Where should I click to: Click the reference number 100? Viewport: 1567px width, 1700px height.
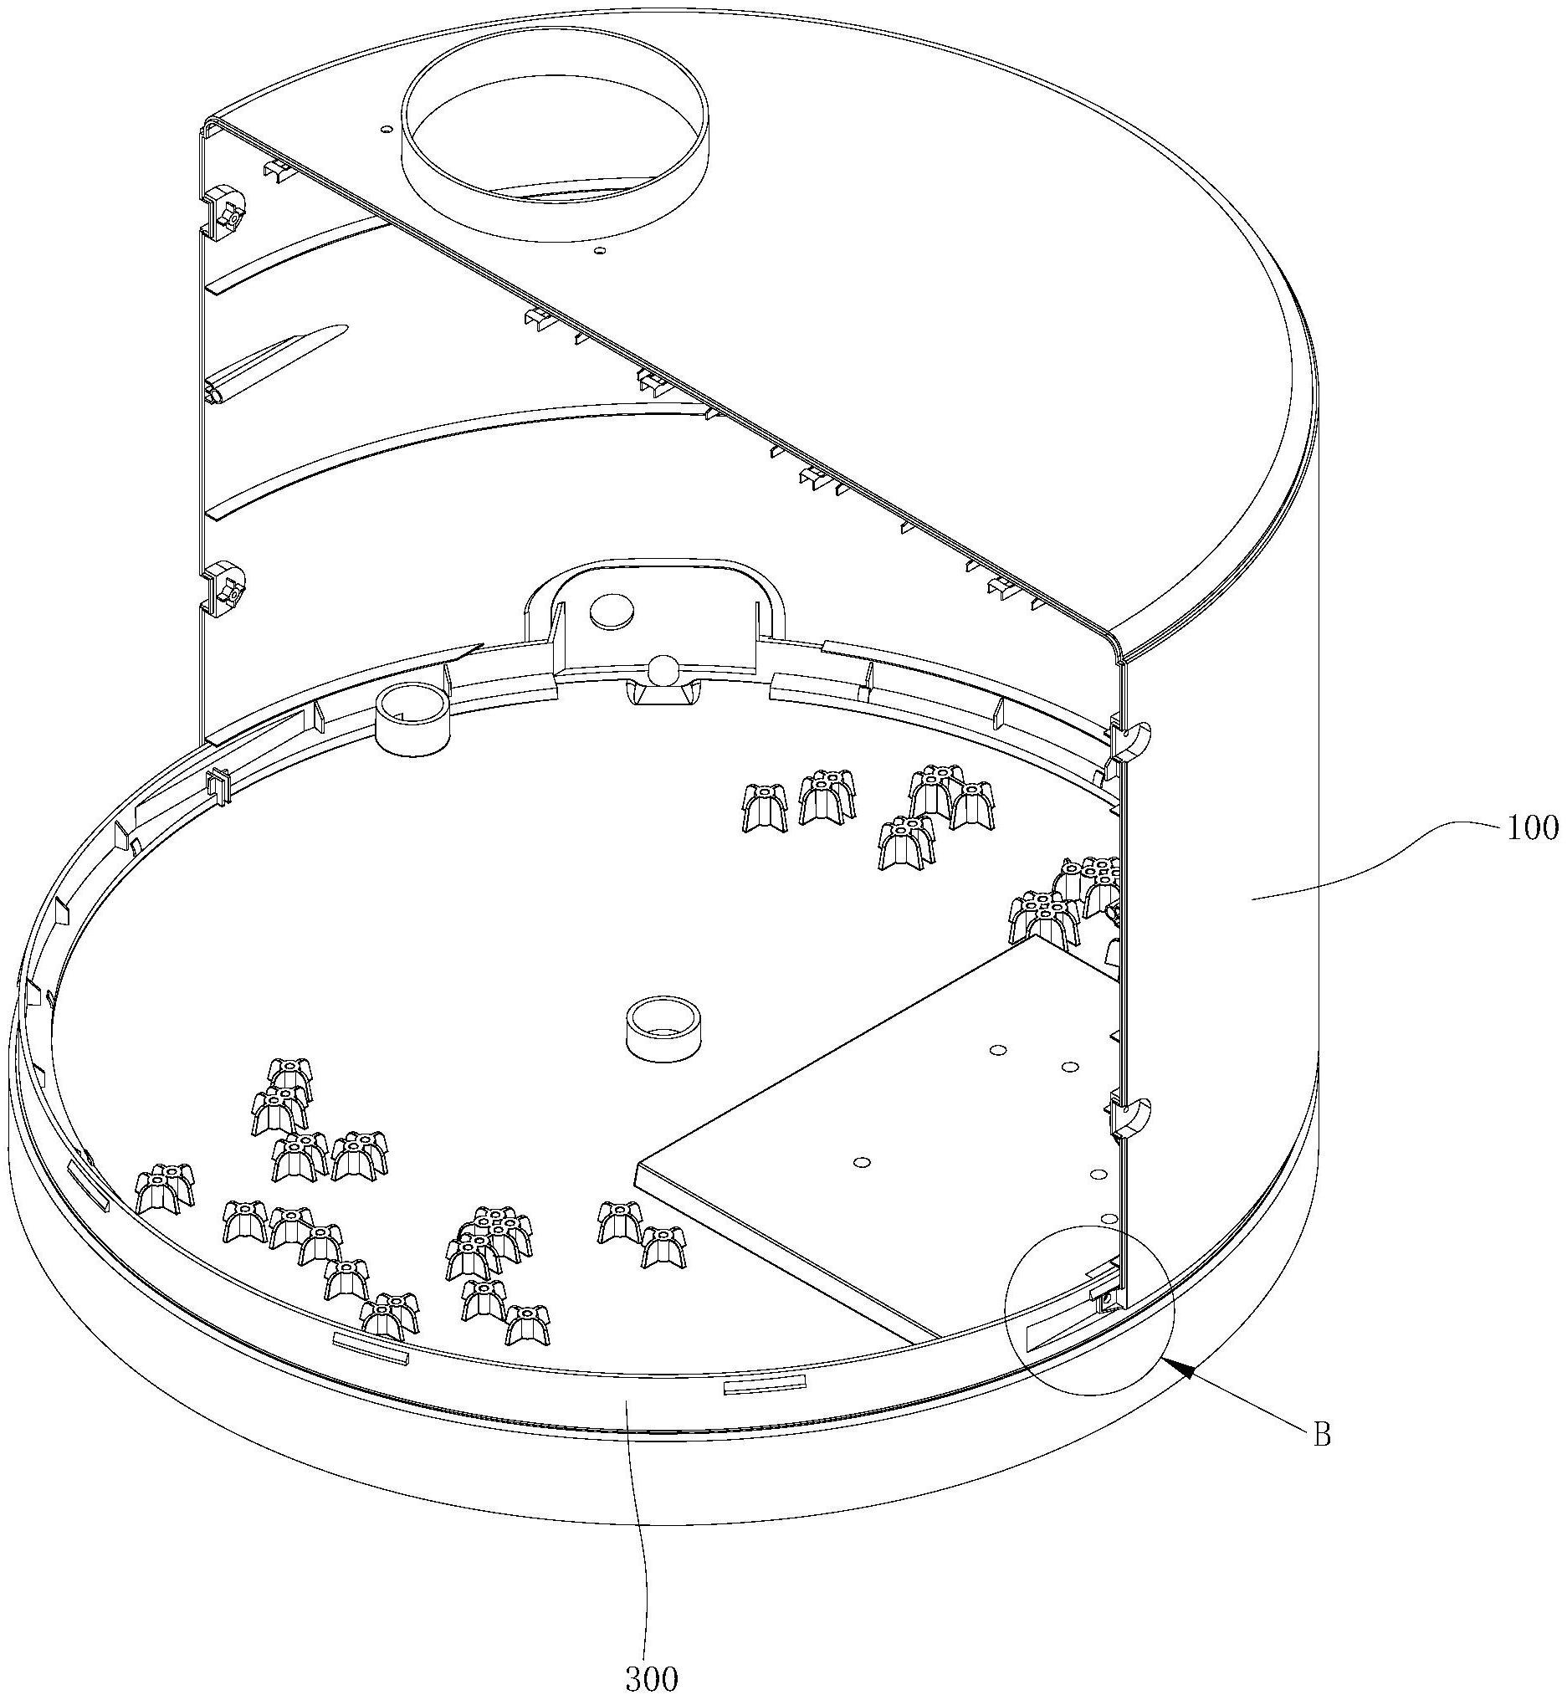click(x=1532, y=828)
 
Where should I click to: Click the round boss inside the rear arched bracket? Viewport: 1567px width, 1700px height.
click(x=613, y=610)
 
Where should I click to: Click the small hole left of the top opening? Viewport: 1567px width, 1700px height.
click(x=386, y=129)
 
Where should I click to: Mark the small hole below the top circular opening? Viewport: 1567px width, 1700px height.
click(x=600, y=251)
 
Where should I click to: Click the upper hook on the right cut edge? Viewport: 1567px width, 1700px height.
click(x=1129, y=739)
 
